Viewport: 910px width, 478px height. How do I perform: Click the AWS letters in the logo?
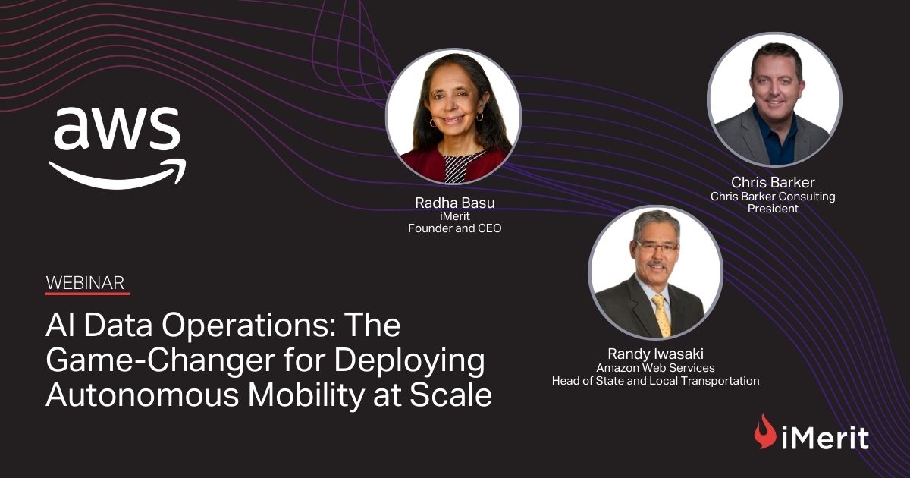point(117,129)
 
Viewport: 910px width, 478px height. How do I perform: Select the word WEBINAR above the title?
point(84,282)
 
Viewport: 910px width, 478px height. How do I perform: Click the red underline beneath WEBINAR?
point(87,294)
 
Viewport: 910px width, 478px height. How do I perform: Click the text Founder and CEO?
point(453,228)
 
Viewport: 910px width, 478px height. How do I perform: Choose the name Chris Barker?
point(773,182)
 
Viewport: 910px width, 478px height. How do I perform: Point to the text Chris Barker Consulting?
point(773,196)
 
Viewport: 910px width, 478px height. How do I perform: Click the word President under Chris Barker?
point(773,209)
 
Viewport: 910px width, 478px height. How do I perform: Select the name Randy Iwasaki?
point(655,354)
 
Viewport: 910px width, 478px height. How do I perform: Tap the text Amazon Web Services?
point(655,368)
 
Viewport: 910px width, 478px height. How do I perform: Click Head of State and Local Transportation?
point(655,381)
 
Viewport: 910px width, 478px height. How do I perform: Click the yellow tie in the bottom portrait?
point(661,315)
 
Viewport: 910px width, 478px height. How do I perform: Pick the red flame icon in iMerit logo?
point(764,431)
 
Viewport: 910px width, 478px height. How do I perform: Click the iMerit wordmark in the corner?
point(824,437)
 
